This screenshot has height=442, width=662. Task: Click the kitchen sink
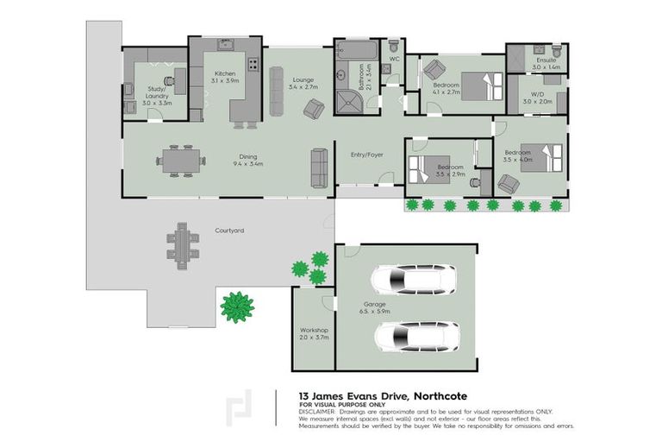[x=227, y=43]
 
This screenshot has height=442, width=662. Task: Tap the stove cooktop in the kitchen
[x=253, y=64]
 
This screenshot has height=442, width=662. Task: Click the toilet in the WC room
[x=393, y=47]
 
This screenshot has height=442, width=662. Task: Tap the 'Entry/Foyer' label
[x=366, y=155]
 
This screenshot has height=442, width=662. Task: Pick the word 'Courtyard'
[x=229, y=230]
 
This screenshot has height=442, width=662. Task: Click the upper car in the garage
[x=403, y=280]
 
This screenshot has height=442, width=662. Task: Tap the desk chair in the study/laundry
[x=168, y=80]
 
